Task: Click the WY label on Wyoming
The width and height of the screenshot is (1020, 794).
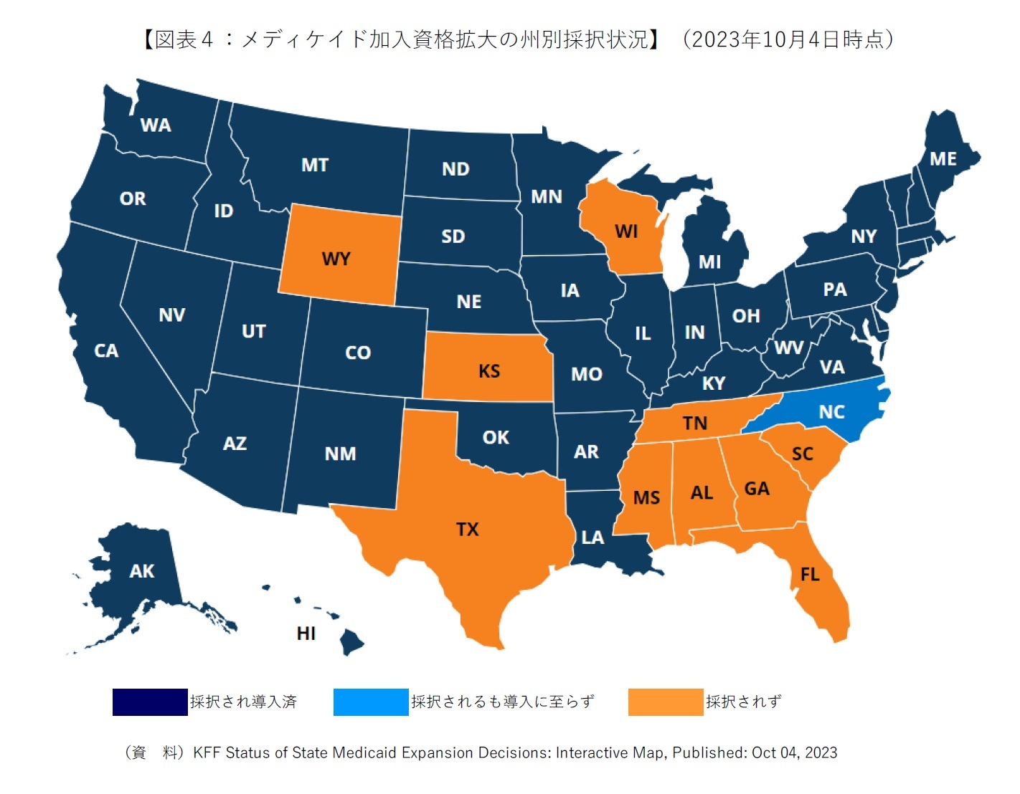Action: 336,259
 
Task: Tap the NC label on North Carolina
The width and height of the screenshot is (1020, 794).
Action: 831,412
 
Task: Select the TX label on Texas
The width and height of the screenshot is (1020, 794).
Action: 467,530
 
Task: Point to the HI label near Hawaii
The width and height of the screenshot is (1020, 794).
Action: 306,633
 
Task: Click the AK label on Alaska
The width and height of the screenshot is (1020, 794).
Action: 142,571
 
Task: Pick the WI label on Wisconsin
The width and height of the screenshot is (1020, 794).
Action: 626,231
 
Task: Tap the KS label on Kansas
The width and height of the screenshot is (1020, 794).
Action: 489,371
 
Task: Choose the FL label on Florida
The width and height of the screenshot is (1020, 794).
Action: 810,575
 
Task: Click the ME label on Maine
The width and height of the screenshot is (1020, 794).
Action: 943,159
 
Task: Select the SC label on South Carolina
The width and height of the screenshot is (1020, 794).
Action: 803,454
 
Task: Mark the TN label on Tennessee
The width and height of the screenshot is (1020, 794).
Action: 694,423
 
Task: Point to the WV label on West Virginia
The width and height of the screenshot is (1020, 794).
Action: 789,348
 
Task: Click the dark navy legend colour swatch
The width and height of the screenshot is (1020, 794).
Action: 150,702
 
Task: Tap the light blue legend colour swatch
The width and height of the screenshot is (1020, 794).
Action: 371,702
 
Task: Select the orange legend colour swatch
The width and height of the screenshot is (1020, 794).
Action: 665,702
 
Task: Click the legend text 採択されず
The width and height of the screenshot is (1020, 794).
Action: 743,702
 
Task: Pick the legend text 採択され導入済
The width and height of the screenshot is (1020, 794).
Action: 243,702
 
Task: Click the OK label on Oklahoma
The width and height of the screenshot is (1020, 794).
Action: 496,438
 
